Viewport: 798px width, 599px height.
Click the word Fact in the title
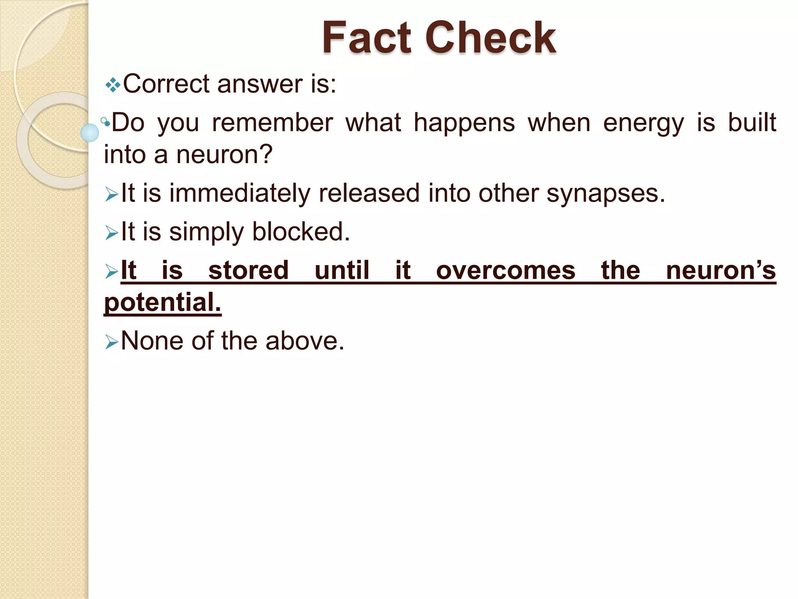tap(366, 38)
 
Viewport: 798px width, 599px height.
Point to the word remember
tap(272, 123)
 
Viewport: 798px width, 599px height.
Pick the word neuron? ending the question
tap(224, 155)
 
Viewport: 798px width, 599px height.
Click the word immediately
tap(239, 194)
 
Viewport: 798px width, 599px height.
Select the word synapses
tap(606, 194)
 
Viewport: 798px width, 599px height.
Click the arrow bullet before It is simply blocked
tap(111, 233)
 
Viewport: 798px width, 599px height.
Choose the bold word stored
tap(248, 270)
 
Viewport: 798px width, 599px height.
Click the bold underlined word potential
tap(162, 302)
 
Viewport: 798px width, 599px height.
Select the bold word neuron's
tap(721, 270)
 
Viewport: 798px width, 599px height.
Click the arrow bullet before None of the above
tap(111, 342)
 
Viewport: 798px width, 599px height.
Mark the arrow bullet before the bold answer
tap(111, 271)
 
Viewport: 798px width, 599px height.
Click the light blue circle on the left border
tap(90, 133)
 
